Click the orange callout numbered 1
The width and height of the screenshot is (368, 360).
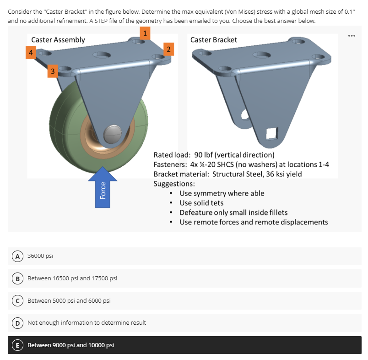tap(145, 33)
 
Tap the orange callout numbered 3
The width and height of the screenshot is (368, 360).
tap(53, 71)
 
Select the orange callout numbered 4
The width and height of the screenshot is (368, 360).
tap(30, 53)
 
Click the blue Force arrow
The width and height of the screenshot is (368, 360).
tap(103, 188)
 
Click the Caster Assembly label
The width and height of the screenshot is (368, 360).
tap(58, 40)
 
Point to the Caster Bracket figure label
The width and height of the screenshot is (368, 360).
tap(213, 40)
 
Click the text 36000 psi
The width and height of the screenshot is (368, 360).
tap(40, 256)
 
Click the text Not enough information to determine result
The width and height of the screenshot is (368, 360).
tap(87, 323)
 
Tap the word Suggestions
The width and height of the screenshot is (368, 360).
tap(174, 184)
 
